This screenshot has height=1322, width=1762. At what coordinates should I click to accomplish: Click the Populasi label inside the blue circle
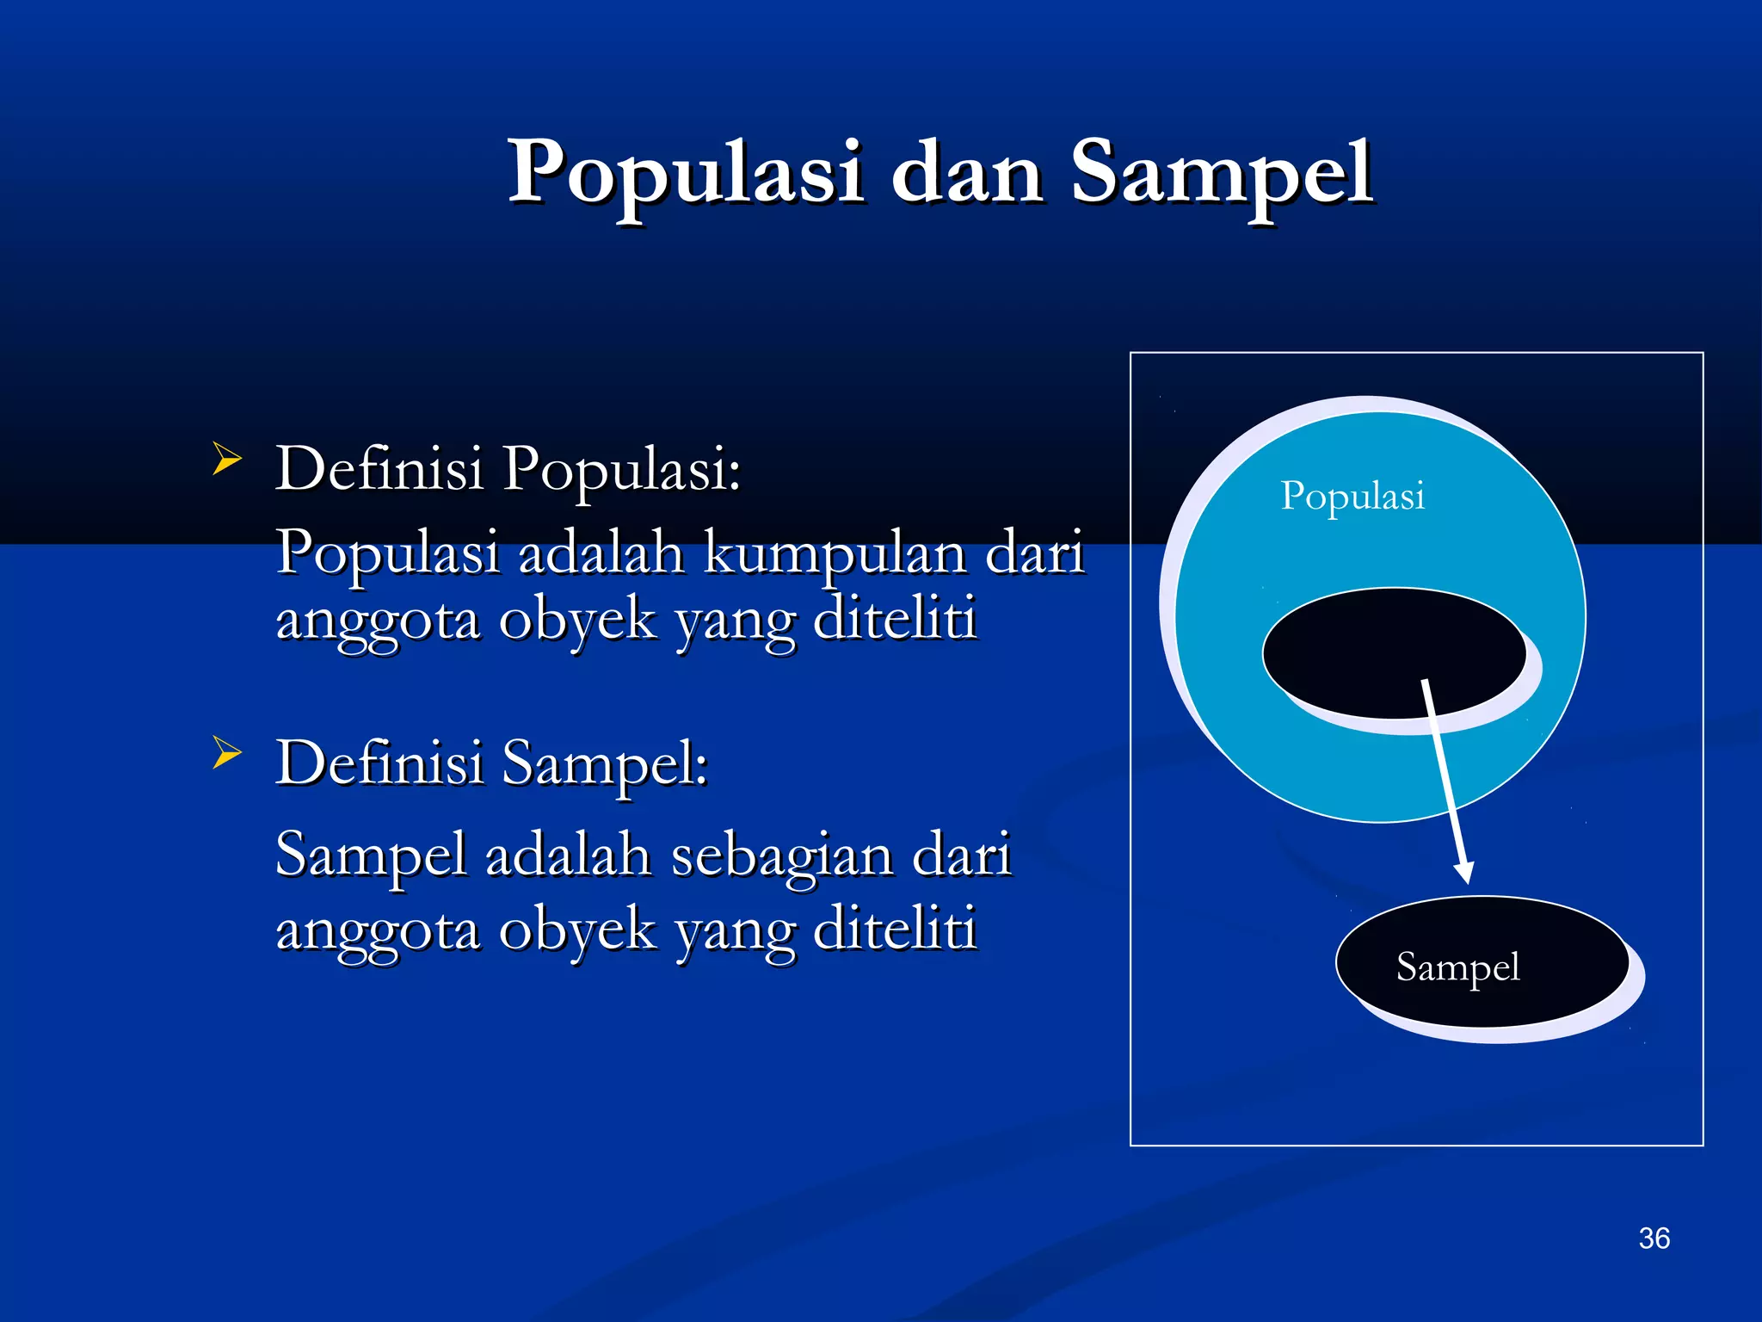[x=1352, y=497]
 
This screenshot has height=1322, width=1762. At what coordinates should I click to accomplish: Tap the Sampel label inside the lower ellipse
[x=1457, y=967]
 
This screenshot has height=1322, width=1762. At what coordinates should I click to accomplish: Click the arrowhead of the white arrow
[x=1463, y=871]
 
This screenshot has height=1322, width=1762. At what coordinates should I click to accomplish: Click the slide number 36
[x=1654, y=1239]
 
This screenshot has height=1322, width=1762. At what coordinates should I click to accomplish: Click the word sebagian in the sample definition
[x=781, y=856]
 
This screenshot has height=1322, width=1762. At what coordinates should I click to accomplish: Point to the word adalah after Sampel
[x=568, y=856]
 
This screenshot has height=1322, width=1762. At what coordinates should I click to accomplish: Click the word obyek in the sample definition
[x=577, y=930]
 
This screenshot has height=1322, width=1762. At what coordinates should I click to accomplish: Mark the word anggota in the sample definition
[x=378, y=930]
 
